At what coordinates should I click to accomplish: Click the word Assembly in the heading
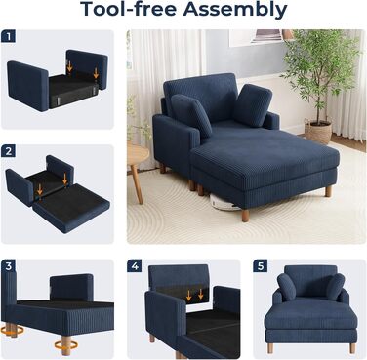coord(235,10)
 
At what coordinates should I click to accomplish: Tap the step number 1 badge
coord(8,36)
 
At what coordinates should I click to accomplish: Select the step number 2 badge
coord(8,151)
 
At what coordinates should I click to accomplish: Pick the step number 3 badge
coord(8,266)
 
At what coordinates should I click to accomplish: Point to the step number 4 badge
coord(135,266)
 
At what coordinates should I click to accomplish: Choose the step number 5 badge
coord(261,266)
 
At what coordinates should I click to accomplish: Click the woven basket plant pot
coord(318,131)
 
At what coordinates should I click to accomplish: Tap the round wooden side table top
coord(138,152)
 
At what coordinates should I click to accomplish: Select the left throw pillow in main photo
coord(191,114)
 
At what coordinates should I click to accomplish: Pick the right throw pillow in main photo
coord(253,104)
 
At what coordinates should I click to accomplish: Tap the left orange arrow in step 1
coord(69,65)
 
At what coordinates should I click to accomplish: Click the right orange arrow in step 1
coord(96,72)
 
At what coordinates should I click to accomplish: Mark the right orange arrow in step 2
coord(65,180)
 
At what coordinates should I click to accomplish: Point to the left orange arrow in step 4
coord(188,295)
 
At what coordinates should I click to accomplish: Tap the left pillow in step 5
coord(287,287)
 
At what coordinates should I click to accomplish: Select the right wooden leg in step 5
coord(352,348)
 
